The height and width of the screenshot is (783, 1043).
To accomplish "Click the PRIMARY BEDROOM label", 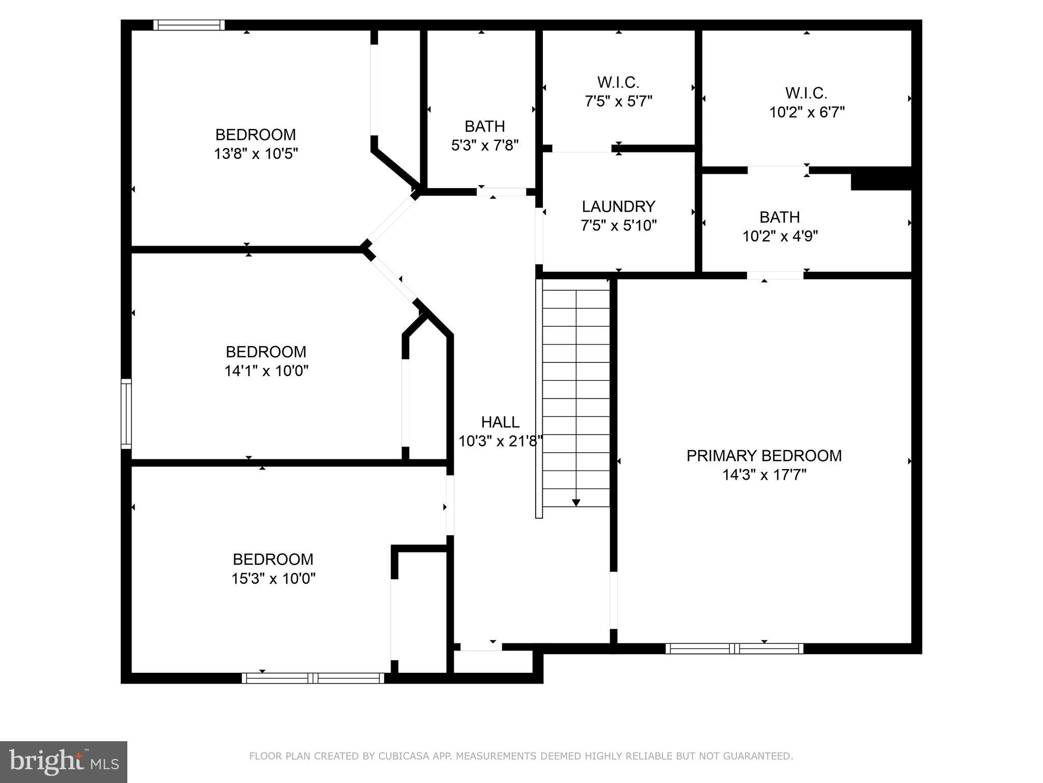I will point(764,456).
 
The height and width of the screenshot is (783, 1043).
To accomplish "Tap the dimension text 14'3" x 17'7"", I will point(764,475).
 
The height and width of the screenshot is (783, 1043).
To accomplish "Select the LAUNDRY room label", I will point(618,206).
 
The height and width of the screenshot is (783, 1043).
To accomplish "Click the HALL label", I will point(500,422).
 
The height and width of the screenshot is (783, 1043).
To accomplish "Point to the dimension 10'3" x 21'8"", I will point(500,441).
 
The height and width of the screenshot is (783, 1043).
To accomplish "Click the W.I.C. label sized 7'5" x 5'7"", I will point(618,82).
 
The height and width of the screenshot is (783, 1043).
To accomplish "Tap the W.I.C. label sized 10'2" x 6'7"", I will point(806,93).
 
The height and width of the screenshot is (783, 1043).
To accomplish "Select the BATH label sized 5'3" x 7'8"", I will point(485,126).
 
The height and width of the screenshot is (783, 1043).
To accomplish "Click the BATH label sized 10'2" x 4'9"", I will point(779,217).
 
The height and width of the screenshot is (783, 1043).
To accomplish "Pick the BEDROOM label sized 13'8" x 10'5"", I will point(256,135).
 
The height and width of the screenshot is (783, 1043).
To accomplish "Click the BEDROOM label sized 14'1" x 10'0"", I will point(266,352).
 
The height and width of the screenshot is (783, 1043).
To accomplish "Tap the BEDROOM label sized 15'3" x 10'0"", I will point(273,559).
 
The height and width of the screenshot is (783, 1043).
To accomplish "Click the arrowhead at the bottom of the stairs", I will point(576,503).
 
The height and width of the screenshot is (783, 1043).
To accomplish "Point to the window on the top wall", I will point(189,25).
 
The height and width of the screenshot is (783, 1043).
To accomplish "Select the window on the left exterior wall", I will point(126,414).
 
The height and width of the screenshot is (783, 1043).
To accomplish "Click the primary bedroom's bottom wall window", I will point(734,648).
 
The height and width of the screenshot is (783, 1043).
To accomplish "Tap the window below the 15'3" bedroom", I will point(313,678).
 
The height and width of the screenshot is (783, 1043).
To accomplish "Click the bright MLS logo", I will point(64,762).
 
